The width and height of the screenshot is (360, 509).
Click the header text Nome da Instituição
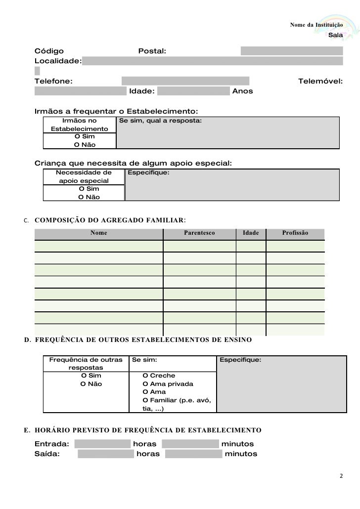(315, 25)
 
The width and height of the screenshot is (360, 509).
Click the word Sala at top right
(335, 36)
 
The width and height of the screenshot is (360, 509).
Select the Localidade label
(57, 61)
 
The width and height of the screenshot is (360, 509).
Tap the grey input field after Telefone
(185, 81)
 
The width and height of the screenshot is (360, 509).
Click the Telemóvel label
(320, 81)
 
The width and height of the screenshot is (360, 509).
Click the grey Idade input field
(194, 91)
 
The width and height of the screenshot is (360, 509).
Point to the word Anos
(242, 91)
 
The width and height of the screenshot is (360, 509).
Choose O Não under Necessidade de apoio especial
(89, 197)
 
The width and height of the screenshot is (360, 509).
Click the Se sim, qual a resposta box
(227, 132)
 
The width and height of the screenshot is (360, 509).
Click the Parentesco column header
(199, 232)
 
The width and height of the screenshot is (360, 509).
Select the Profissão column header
(295, 232)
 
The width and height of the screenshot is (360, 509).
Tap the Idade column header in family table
(251, 232)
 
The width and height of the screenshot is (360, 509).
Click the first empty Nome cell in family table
(98, 246)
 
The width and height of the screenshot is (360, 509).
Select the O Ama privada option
(167, 384)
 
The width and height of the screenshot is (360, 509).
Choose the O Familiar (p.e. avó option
(176, 400)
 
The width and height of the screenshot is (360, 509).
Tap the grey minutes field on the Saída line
(193, 454)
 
